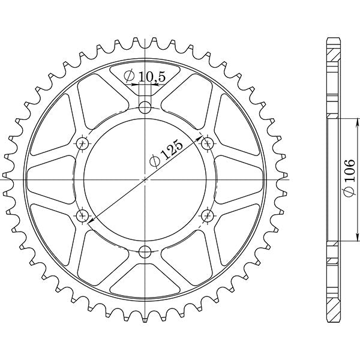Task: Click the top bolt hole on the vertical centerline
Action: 145,107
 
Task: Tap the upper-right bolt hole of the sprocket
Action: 208,143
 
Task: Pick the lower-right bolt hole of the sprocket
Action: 208,215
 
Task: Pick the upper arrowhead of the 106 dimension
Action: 336,121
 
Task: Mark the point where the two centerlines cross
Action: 145,179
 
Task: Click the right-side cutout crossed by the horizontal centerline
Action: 240,179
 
